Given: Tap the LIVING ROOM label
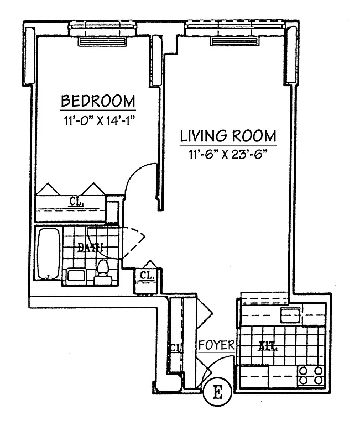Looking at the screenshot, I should (x=228, y=136).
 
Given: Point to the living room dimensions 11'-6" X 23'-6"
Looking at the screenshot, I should (x=228, y=154).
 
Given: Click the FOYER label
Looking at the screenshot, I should (x=217, y=345).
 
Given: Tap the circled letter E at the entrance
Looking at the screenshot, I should (x=217, y=393).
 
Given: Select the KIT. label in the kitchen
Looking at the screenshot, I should (x=268, y=348).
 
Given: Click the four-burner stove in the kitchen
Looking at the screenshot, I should (x=310, y=375).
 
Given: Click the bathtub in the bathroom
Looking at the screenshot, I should (x=49, y=255).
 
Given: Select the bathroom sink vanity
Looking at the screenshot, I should (x=75, y=275).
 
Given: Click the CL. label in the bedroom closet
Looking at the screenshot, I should (x=76, y=202).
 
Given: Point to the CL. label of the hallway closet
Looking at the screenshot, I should (x=147, y=275).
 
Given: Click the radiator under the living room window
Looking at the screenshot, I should (x=234, y=41).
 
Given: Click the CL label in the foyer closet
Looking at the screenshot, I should (x=175, y=348).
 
